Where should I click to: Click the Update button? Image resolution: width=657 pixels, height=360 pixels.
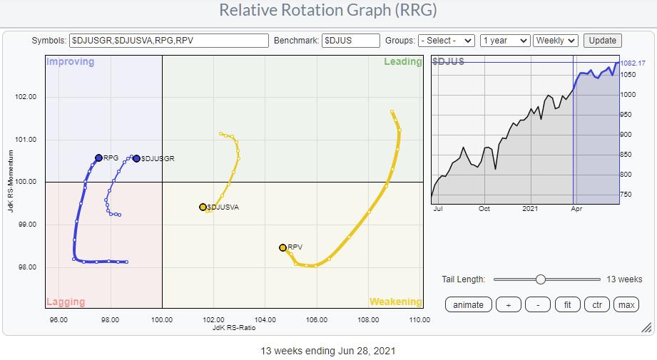[602, 41]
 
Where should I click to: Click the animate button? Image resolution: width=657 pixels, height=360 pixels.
[469, 304]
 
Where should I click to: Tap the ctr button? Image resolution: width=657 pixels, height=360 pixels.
[596, 304]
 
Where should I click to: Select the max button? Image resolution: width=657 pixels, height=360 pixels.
[626, 304]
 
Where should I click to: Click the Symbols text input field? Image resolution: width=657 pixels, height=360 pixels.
[169, 41]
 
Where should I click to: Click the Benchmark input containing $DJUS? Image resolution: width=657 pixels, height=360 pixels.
[351, 41]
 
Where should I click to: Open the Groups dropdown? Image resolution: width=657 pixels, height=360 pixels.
[447, 41]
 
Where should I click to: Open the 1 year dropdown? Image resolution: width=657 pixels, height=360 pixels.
[505, 41]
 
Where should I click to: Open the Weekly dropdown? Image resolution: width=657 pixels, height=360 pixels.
[556, 41]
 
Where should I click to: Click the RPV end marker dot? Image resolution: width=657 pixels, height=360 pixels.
[282, 247]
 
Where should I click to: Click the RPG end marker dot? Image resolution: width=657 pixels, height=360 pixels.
[98, 158]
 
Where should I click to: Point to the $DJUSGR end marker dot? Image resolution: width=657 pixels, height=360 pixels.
[136, 158]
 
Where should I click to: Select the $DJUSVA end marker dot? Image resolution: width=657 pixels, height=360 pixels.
[203, 207]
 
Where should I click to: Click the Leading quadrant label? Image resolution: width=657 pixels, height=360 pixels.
[403, 61]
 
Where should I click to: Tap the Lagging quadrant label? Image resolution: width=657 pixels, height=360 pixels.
[66, 302]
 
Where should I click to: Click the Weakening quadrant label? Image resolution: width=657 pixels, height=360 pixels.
[395, 302]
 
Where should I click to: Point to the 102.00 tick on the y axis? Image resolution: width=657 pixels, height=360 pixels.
[25, 96]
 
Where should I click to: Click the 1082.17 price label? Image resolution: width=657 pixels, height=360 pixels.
[633, 63]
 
